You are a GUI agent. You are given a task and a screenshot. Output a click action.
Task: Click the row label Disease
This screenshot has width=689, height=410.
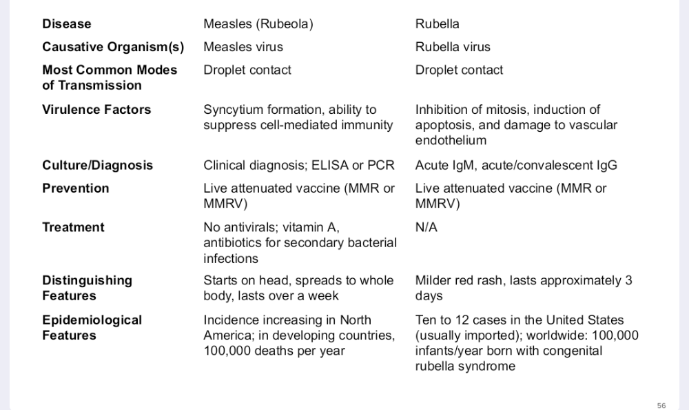[67, 24]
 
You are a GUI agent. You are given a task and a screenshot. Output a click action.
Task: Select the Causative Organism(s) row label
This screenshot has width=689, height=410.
[113, 47]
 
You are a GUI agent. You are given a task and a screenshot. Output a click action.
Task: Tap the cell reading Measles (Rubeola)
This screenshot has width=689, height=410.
[258, 24]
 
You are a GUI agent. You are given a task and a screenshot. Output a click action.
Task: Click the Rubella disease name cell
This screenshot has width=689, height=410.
[437, 24]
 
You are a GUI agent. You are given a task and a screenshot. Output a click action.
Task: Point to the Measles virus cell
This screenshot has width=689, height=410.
[243, 47]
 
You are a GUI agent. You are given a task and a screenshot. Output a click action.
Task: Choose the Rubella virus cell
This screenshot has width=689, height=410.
[453, 47]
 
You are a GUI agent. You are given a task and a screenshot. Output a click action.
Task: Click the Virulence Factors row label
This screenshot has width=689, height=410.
[96, 110]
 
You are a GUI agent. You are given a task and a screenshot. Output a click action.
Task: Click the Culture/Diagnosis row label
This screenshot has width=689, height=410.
[98, 166]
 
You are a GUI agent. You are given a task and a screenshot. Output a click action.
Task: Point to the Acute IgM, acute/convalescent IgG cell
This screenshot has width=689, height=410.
[516, 166]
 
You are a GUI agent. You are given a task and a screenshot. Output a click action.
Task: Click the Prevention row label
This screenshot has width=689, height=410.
[76, 188]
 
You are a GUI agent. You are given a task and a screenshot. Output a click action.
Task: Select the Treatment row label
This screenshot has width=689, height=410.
[74, 228]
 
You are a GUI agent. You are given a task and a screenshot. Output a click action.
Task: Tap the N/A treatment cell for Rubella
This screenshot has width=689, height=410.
[426, 228]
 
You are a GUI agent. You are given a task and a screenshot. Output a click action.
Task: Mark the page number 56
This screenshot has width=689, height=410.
[661, 406]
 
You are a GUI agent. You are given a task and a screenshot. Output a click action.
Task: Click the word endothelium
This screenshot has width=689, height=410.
[451, 140]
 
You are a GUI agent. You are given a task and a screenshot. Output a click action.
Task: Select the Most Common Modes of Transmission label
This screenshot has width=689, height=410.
[110, 77]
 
